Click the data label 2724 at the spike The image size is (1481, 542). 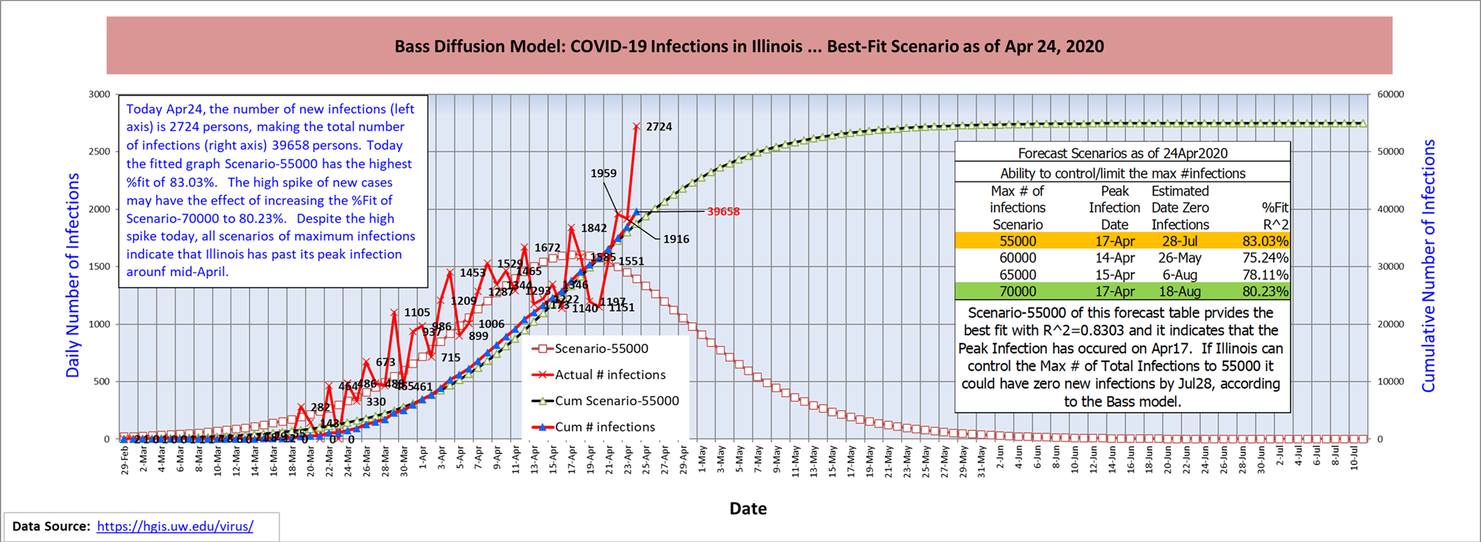(x=658, y=127)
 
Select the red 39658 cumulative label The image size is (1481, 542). (x=723, y=212)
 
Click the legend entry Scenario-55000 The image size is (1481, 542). (x=600, y=349)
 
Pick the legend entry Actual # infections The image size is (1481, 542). (x=609, y=375)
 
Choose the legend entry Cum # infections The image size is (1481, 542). (x=604, y=427)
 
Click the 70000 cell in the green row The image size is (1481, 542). (x=1017, y=291)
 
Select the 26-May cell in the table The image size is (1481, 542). (x=1180, y=258)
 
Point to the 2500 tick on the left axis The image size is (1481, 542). (x=99, y=152)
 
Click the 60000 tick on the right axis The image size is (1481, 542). (x=1390, y=94)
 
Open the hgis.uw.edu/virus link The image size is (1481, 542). (x=175, y=526)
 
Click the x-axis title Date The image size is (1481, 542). (x=748, y=509)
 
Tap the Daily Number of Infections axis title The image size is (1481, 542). (x=73, y=275)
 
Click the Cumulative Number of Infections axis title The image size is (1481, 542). (x=1429, y=266)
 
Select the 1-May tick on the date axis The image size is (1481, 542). (x=702, y=458)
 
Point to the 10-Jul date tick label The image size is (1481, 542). (x=1354, y=459)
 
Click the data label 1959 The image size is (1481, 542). (x=603, y=173)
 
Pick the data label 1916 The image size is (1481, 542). (x=676, y=239)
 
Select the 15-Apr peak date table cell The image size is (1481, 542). (x=1114, y=275)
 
